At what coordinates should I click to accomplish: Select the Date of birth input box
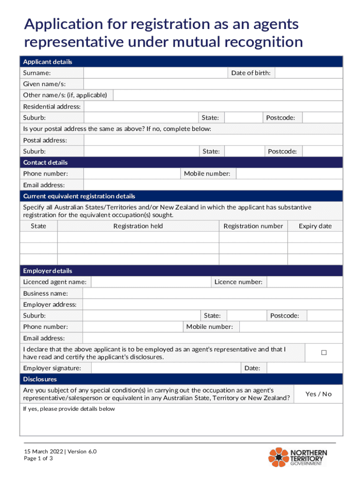pos(309,73)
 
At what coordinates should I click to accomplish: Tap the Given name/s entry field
pos(213,84)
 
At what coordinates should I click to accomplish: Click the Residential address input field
pos(213,107)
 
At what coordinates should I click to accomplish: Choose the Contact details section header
pos(45,162)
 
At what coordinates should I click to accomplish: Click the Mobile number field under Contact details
pos(289,174)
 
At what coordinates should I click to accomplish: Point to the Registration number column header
pos(253,226)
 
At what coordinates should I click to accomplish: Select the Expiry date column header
pos(315,226)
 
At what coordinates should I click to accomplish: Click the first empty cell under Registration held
pos(138,237)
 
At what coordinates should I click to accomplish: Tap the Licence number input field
pos(304,282)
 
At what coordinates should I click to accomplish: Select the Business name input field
pos(213,293)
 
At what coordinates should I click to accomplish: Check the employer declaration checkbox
pos(324,353)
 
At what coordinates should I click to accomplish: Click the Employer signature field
pos(166,368)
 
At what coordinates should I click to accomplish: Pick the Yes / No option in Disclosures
pos(318,394)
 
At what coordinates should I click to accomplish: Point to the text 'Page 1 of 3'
pos(38,458)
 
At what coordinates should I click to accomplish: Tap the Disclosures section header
pos(40,379)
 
